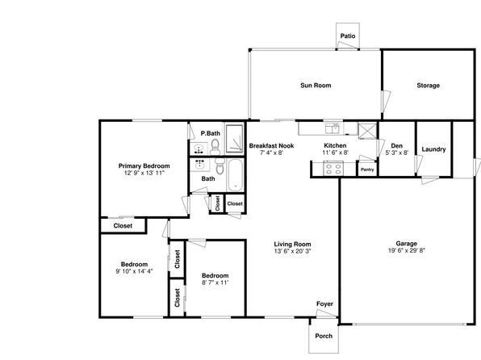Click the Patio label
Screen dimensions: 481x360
(348, 36)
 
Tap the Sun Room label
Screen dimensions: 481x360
(316, 86)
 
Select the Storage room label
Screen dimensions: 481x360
(428, 86)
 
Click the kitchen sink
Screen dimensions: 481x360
(333, 128)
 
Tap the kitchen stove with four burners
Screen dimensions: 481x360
(333, 169)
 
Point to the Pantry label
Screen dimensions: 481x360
(367, 170)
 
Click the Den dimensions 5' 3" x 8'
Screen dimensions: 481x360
(396, 153)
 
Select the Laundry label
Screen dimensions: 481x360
(433, 149)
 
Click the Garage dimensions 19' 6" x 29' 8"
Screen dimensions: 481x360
(407, 250)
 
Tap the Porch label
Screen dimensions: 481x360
(324, 336)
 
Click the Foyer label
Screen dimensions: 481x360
(324, 303)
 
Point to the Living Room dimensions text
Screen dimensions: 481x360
(293, 251)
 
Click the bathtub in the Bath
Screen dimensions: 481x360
(236, 175)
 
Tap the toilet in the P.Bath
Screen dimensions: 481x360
(215, 147)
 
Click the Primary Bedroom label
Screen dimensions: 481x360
(144, 166)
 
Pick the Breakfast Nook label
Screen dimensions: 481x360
(271, 146)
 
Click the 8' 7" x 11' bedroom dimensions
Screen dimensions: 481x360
(215, 283)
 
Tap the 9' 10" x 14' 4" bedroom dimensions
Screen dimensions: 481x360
(134, 271)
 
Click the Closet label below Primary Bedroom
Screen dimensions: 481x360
(123, 226)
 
